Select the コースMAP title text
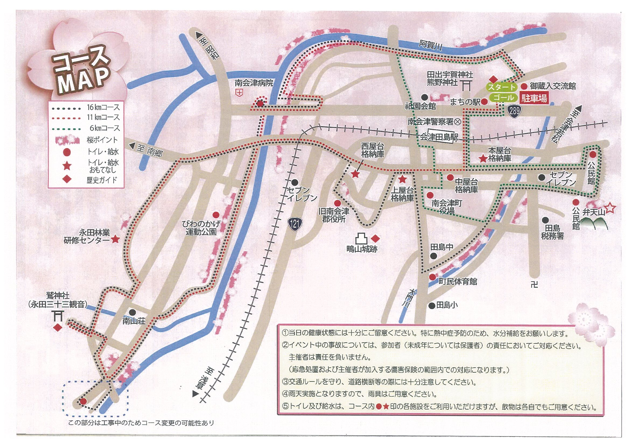pos(82,73)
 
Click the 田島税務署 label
pos(552,232)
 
